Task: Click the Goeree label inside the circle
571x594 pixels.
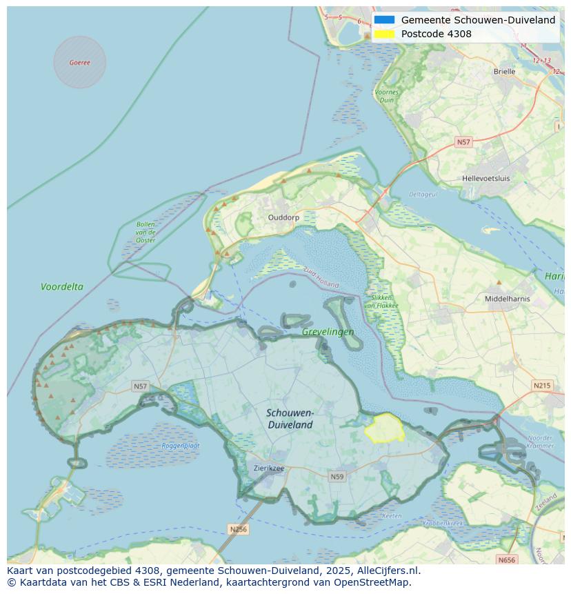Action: click(x=79, y=63)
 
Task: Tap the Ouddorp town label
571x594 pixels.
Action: click(x=283, y=217)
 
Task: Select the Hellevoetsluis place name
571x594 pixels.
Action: click(x=486, y=178)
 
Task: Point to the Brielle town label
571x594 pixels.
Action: click(x=504, y=71)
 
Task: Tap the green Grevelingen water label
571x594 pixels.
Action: click(x=328, y=332)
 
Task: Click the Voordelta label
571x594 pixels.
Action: click(x=62, y=286)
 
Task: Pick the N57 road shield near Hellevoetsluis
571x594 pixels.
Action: click(x=463, y=142)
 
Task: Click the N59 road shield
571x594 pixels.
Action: click(x=337, y=477)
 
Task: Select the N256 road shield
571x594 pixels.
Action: click(x=238, y=529)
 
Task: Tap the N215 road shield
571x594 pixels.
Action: click(x=542, y=386)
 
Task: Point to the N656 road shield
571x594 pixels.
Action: click(x=506, y=560)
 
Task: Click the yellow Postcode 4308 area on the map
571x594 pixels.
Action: click(x=385, y=428)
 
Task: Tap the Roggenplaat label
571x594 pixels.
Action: click(x=181, y=446)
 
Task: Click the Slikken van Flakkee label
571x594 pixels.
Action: click(x=379, y=301)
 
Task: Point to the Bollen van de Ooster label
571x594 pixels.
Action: click(x=146, y=232)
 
